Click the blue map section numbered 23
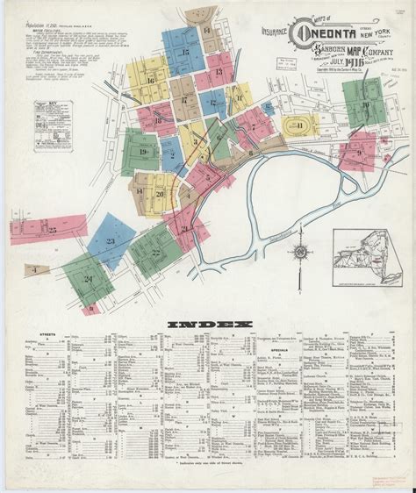[x=111, y=240]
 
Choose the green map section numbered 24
[x=89, y=281]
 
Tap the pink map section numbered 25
[x=53, y=229]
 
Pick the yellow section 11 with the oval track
[x=301, y=126]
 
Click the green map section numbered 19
[x=141, y=153]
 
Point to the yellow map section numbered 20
[x=159, y=194]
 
